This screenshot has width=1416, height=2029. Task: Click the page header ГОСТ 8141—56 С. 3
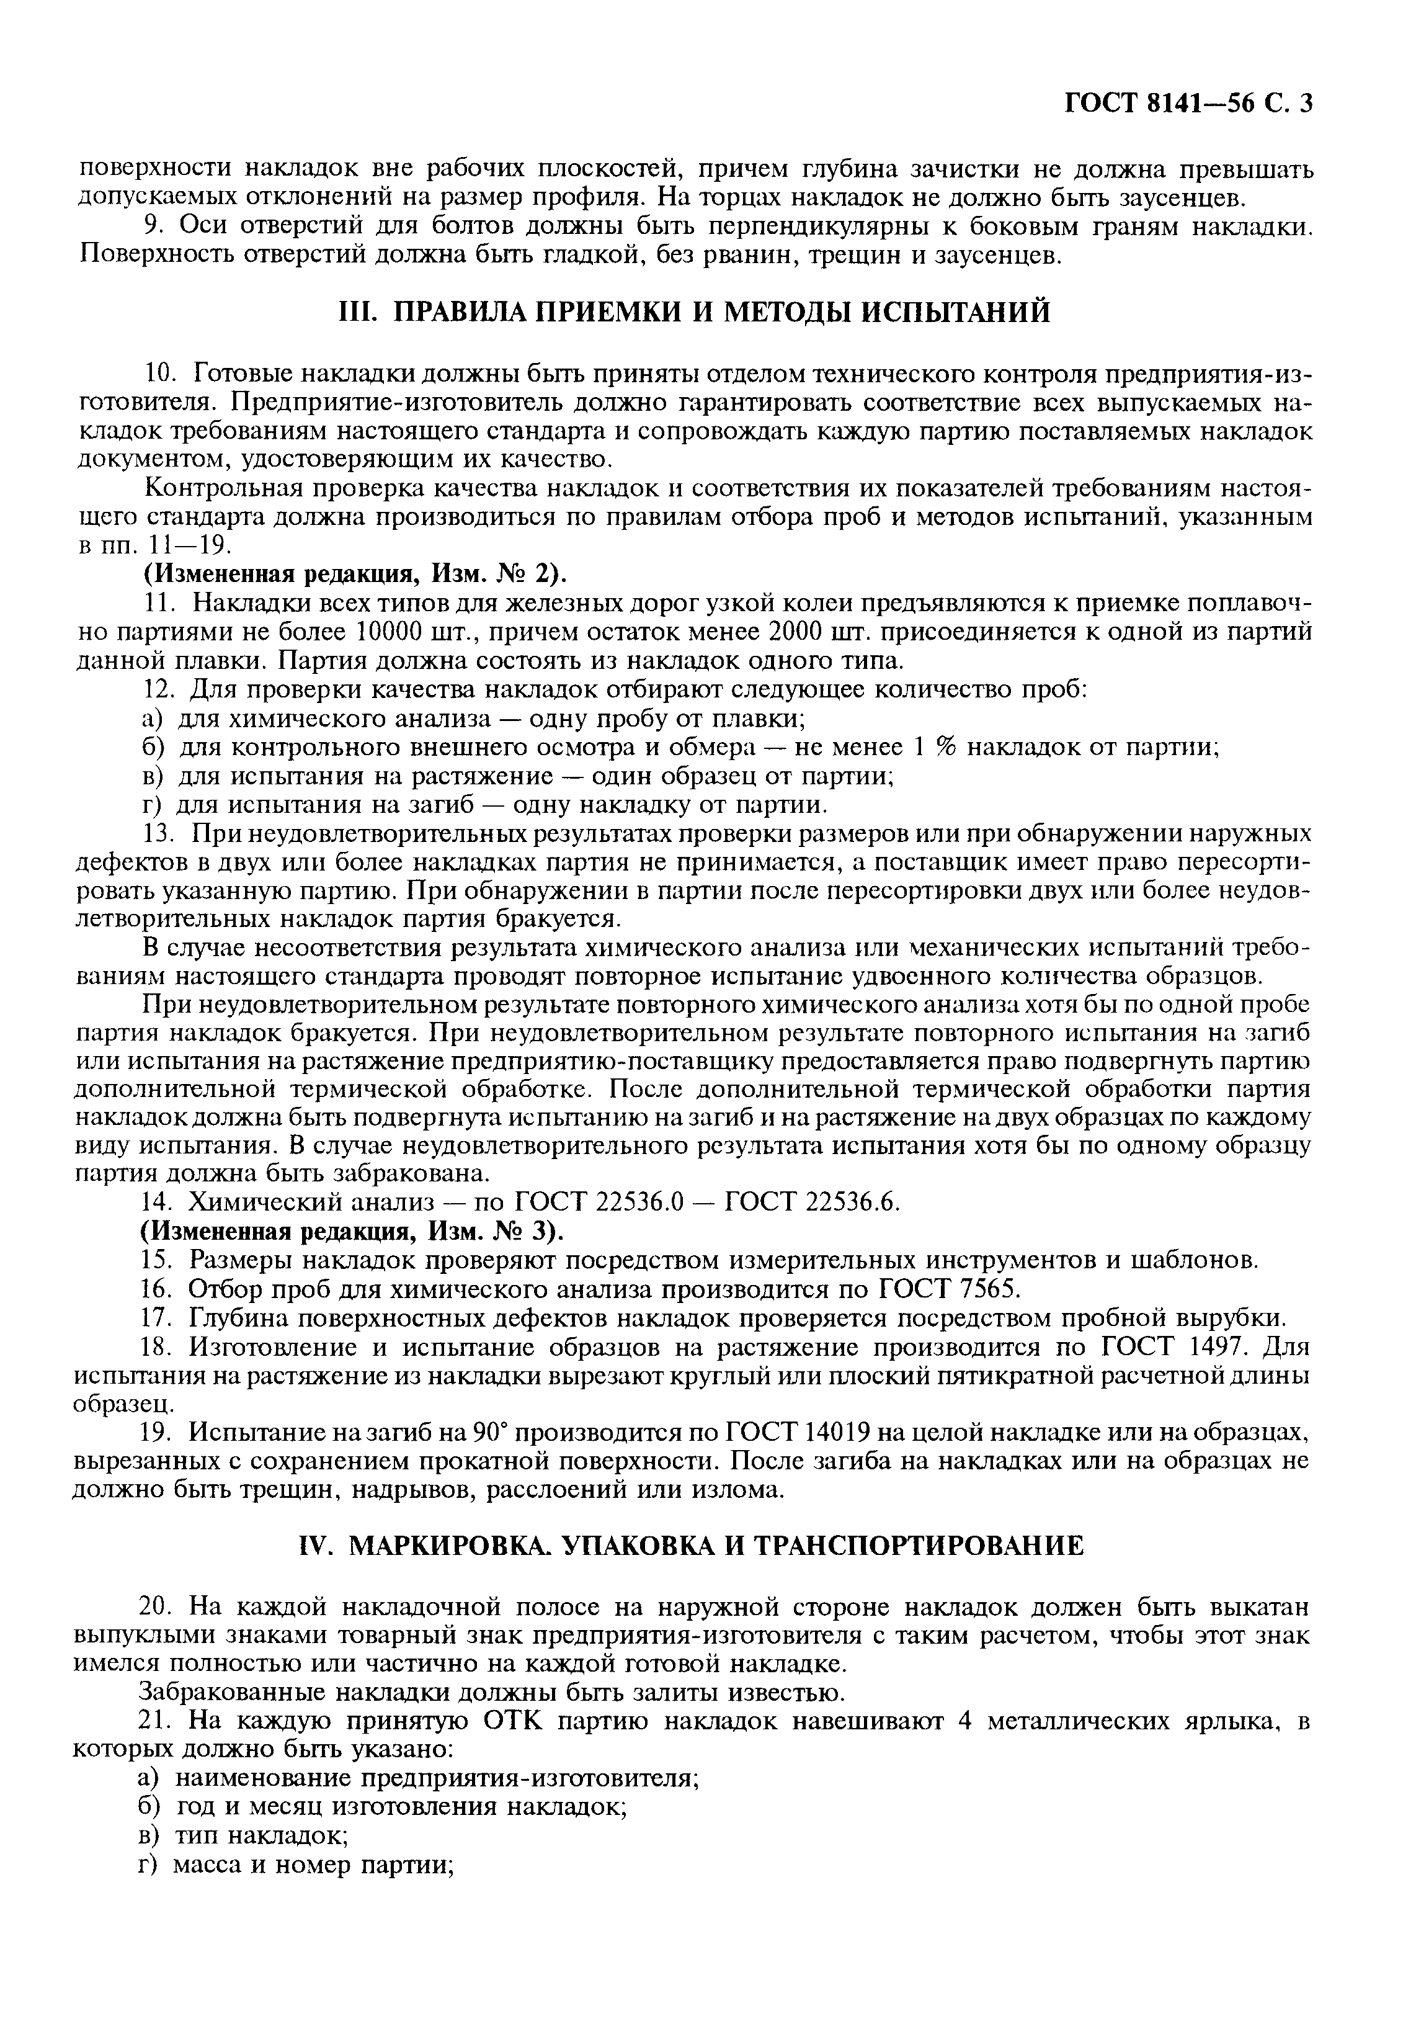1188,104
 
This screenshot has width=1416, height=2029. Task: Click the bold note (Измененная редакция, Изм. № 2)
354,575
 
